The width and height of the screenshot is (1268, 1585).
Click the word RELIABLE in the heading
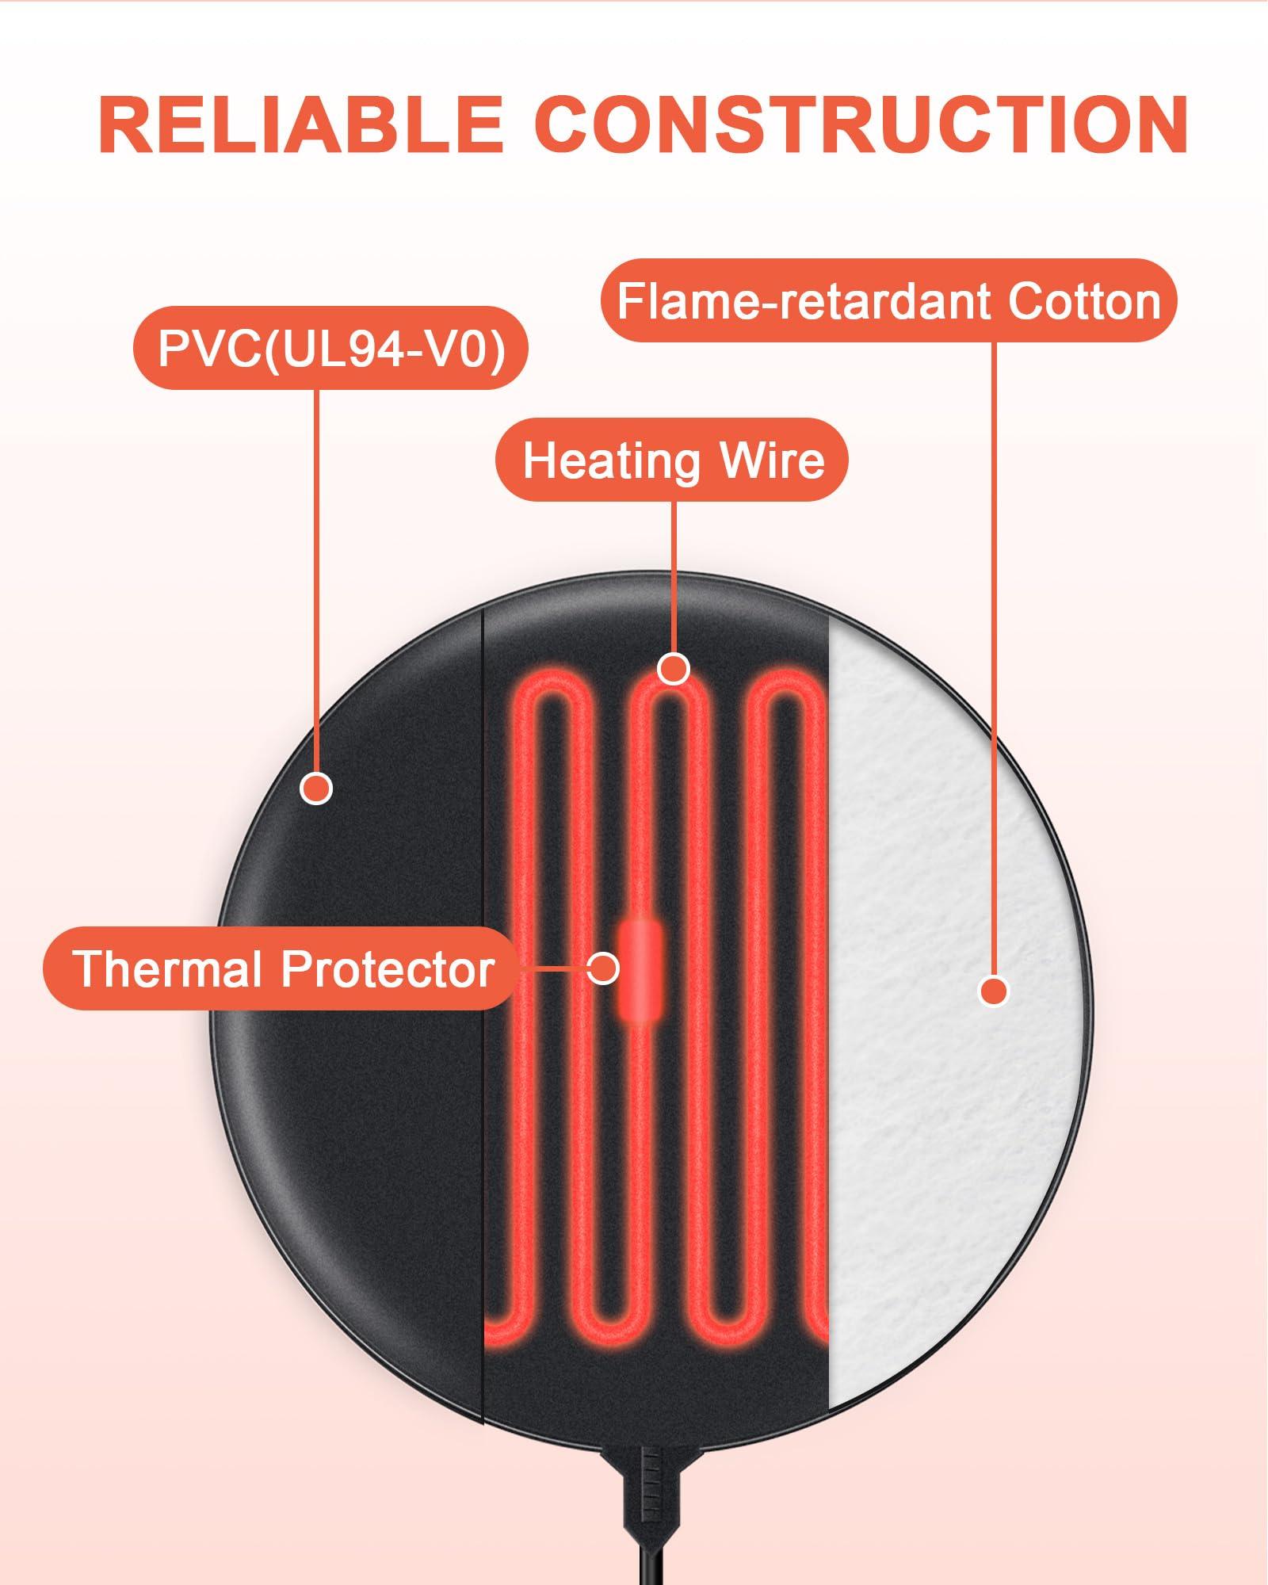(x=301, y=124)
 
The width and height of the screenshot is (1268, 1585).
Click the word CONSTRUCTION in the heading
(x=861, y=124)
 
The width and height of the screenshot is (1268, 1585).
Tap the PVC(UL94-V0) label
(x=331, y=348)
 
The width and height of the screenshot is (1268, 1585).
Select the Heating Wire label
(x=673, y=460)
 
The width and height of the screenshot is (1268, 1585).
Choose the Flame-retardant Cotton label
(x=889, y=301)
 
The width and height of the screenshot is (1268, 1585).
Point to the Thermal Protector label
(x=284, y=968)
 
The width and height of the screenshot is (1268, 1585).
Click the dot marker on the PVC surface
(x=316, y=789)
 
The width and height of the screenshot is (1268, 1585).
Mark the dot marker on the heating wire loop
(x=674, y=669)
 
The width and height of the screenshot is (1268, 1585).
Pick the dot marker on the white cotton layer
(x=994, y=991)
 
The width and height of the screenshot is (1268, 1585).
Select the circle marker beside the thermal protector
(x=603, y=968)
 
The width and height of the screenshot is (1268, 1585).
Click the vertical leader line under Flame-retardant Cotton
(x=994, y=634)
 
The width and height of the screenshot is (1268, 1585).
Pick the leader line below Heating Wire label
(x=674, y=571)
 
